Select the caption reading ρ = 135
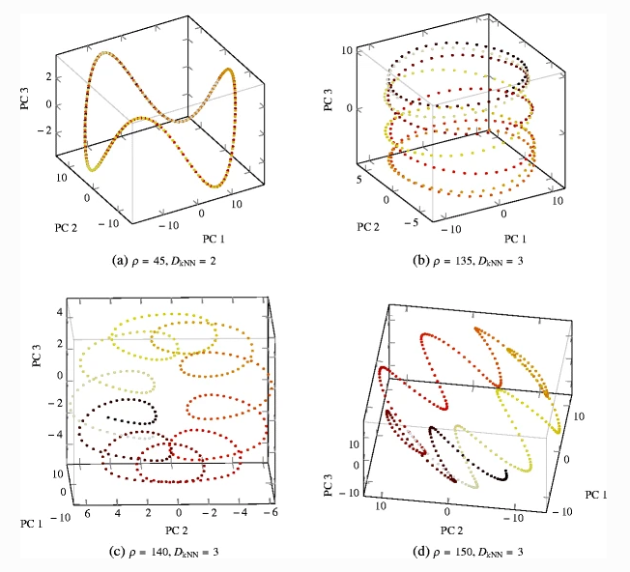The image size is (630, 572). point(472,259)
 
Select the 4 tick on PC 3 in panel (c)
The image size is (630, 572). point(32,314)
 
